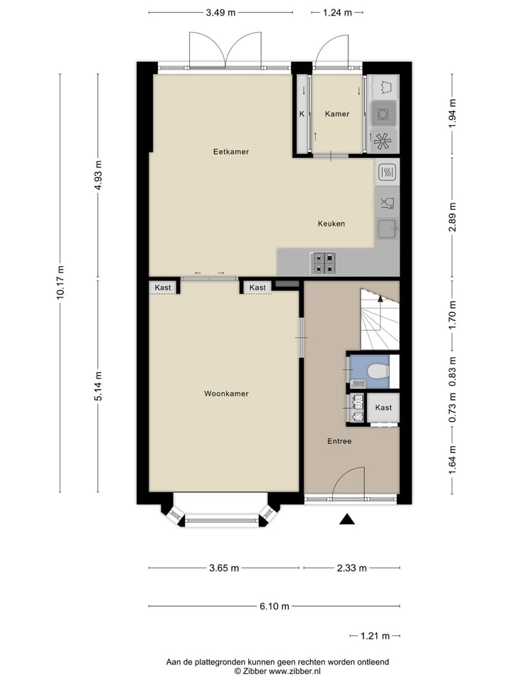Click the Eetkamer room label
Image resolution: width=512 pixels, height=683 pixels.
[231, 152]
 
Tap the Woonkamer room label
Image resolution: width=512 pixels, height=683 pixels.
[226, 393]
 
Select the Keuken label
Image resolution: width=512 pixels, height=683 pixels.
[331, 223]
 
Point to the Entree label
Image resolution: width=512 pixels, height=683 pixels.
[339, 441]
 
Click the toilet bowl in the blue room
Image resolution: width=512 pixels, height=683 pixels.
[378, 371]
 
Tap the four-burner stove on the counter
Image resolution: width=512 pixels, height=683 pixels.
[324, 263]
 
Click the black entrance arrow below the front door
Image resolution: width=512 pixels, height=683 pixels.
[346, 519]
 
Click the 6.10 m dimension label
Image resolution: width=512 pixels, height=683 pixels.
[274, 606]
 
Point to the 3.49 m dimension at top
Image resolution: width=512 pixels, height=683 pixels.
[220, 12]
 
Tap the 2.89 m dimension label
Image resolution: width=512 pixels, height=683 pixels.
[453, 217]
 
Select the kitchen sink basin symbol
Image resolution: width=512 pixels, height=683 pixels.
[387, 228]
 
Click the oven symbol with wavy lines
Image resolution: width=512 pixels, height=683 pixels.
[388, 171]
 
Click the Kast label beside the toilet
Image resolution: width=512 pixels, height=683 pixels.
[383, 408]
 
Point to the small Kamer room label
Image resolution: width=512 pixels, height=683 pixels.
[337, 114]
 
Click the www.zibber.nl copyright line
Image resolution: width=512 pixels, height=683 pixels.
[278, 671]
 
